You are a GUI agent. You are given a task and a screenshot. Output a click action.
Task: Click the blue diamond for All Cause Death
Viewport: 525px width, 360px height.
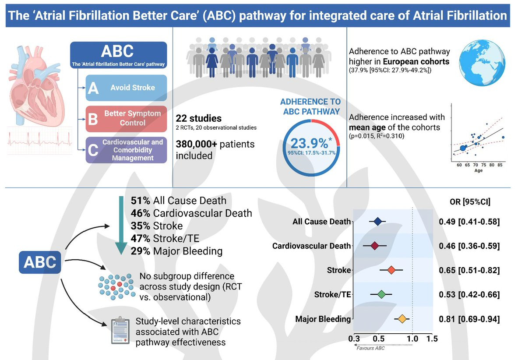coord(378,222)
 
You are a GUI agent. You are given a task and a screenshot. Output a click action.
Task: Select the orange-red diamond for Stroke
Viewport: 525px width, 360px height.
coord(391,270)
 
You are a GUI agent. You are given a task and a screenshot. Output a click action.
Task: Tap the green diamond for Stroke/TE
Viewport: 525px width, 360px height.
coord(381,295)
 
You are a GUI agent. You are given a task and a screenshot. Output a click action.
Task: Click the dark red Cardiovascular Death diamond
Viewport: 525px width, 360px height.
coord(374,246)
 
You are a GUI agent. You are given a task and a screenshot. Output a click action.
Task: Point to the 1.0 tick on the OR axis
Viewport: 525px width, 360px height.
coord(412,339)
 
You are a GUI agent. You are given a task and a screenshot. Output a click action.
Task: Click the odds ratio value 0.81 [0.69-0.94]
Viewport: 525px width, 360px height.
coord(469,319)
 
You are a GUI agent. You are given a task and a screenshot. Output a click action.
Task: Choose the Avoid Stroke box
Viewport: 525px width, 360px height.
coord(126,88)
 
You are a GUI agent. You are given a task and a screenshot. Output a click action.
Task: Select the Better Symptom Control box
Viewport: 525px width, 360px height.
coord(126,118)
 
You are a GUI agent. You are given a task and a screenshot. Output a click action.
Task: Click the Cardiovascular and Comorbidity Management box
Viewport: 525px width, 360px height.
coord(126,150)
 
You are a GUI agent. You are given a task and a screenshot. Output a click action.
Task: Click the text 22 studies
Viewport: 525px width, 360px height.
coord(198,119)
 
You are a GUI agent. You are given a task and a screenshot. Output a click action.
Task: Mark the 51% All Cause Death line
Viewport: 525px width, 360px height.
coord(179,201)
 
